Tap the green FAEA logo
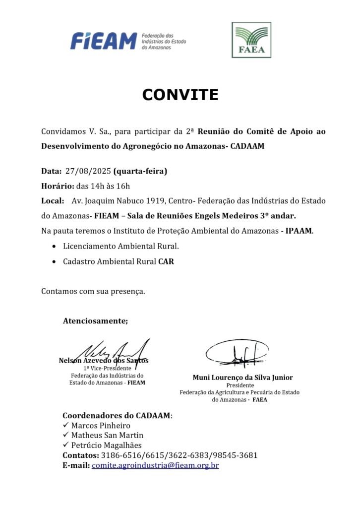[x=251, y=40]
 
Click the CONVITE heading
[x=180, y=94]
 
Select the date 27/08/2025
[x=88, y=172]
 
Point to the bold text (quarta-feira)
[x=140, y=172]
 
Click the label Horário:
[x=57, y=187]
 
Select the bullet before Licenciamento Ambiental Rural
[x=54, y=246]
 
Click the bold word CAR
[x=166, y=261]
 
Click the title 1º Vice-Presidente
[x=107, y=368]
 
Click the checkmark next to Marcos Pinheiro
[x=65, y=425]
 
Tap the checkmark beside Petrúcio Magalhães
[x=65, y=445]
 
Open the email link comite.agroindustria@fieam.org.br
[x=155, y=465]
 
